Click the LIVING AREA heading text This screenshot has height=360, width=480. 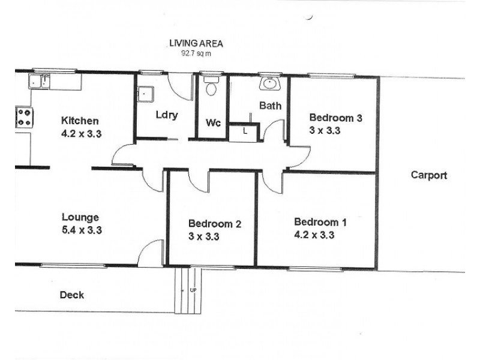point(196,44)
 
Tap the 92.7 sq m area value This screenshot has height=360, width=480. point(196,53)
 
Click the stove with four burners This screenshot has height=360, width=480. point(24,116)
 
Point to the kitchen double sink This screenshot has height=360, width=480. point(40,81)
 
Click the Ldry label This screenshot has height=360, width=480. point(166,115)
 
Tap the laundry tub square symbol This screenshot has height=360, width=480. point(146,94)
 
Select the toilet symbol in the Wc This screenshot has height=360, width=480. point(211,88)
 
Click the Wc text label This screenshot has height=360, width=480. point(213,122)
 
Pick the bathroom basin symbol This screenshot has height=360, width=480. point(271,83)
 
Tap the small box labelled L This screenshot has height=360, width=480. point(246,131)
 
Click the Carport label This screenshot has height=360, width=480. point(428,175)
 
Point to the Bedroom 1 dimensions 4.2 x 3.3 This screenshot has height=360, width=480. point(314,235)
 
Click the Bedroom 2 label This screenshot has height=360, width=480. point(214,224)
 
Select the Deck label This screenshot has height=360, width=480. point(71,295)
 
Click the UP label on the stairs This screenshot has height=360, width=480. point(193,290)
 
